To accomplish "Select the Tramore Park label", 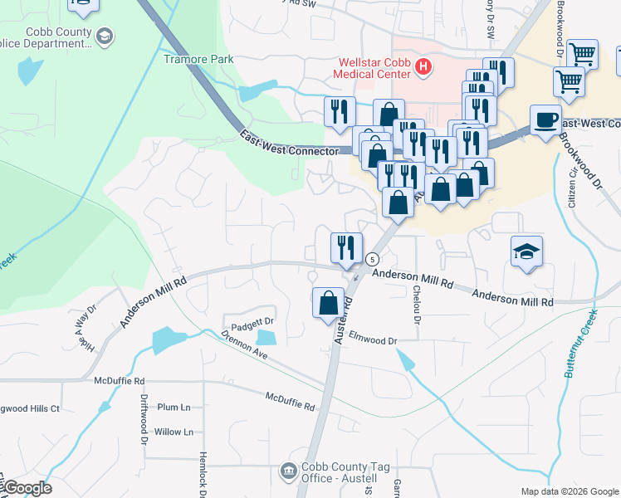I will pyautogui.click(x=198, y=59).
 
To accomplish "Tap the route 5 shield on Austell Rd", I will pyautogui.click(x=373, y=259).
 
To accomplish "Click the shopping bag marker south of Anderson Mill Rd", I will pyautogui.click(x=329, y=302).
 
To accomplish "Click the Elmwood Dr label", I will pyautogui.click(x=374, y=339).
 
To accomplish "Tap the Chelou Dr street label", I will pyautogui.click(x=417, y=305).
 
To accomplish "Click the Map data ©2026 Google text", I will pyautogui.click(x=569, y=491).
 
